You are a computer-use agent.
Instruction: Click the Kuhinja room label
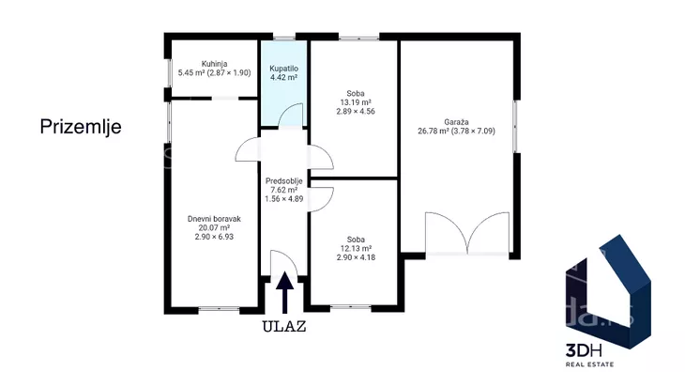point(215,64)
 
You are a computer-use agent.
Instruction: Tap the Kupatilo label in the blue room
point(284,69)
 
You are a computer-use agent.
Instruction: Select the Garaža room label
point(457,122)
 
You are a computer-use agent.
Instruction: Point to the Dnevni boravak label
point(214,219)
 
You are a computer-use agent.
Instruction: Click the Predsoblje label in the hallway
point(284,181)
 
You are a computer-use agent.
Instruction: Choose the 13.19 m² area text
point(356,102)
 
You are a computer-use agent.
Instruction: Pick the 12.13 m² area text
point(356,248)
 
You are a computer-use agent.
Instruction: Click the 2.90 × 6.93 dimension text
point(214,237)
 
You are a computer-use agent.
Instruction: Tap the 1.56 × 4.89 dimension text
point(284,198)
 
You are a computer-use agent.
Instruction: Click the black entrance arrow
point(285,292)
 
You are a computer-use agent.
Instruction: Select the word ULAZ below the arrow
point(284,327)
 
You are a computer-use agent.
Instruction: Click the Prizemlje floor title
point(81,127)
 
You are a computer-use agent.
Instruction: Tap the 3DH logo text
point(584,350)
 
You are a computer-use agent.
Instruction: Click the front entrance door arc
point(290,257)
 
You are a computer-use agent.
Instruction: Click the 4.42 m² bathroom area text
point(284,77)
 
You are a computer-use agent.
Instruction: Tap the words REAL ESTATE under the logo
point(590,364)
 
